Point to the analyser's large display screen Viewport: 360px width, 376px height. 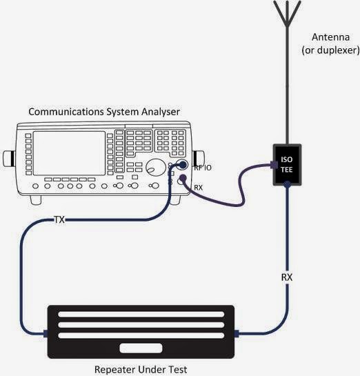click(x=69, y=152)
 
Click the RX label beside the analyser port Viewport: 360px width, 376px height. click(x=198, y=186)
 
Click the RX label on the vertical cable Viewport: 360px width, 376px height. click(x=287, y=277)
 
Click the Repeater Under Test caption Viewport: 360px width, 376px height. click(x=140, y=369)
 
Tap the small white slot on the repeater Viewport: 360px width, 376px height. click(x=140, y=347)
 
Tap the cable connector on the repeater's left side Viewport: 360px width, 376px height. click(x=43, y=334)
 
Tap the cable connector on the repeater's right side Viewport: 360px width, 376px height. click(x=237, y=334)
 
